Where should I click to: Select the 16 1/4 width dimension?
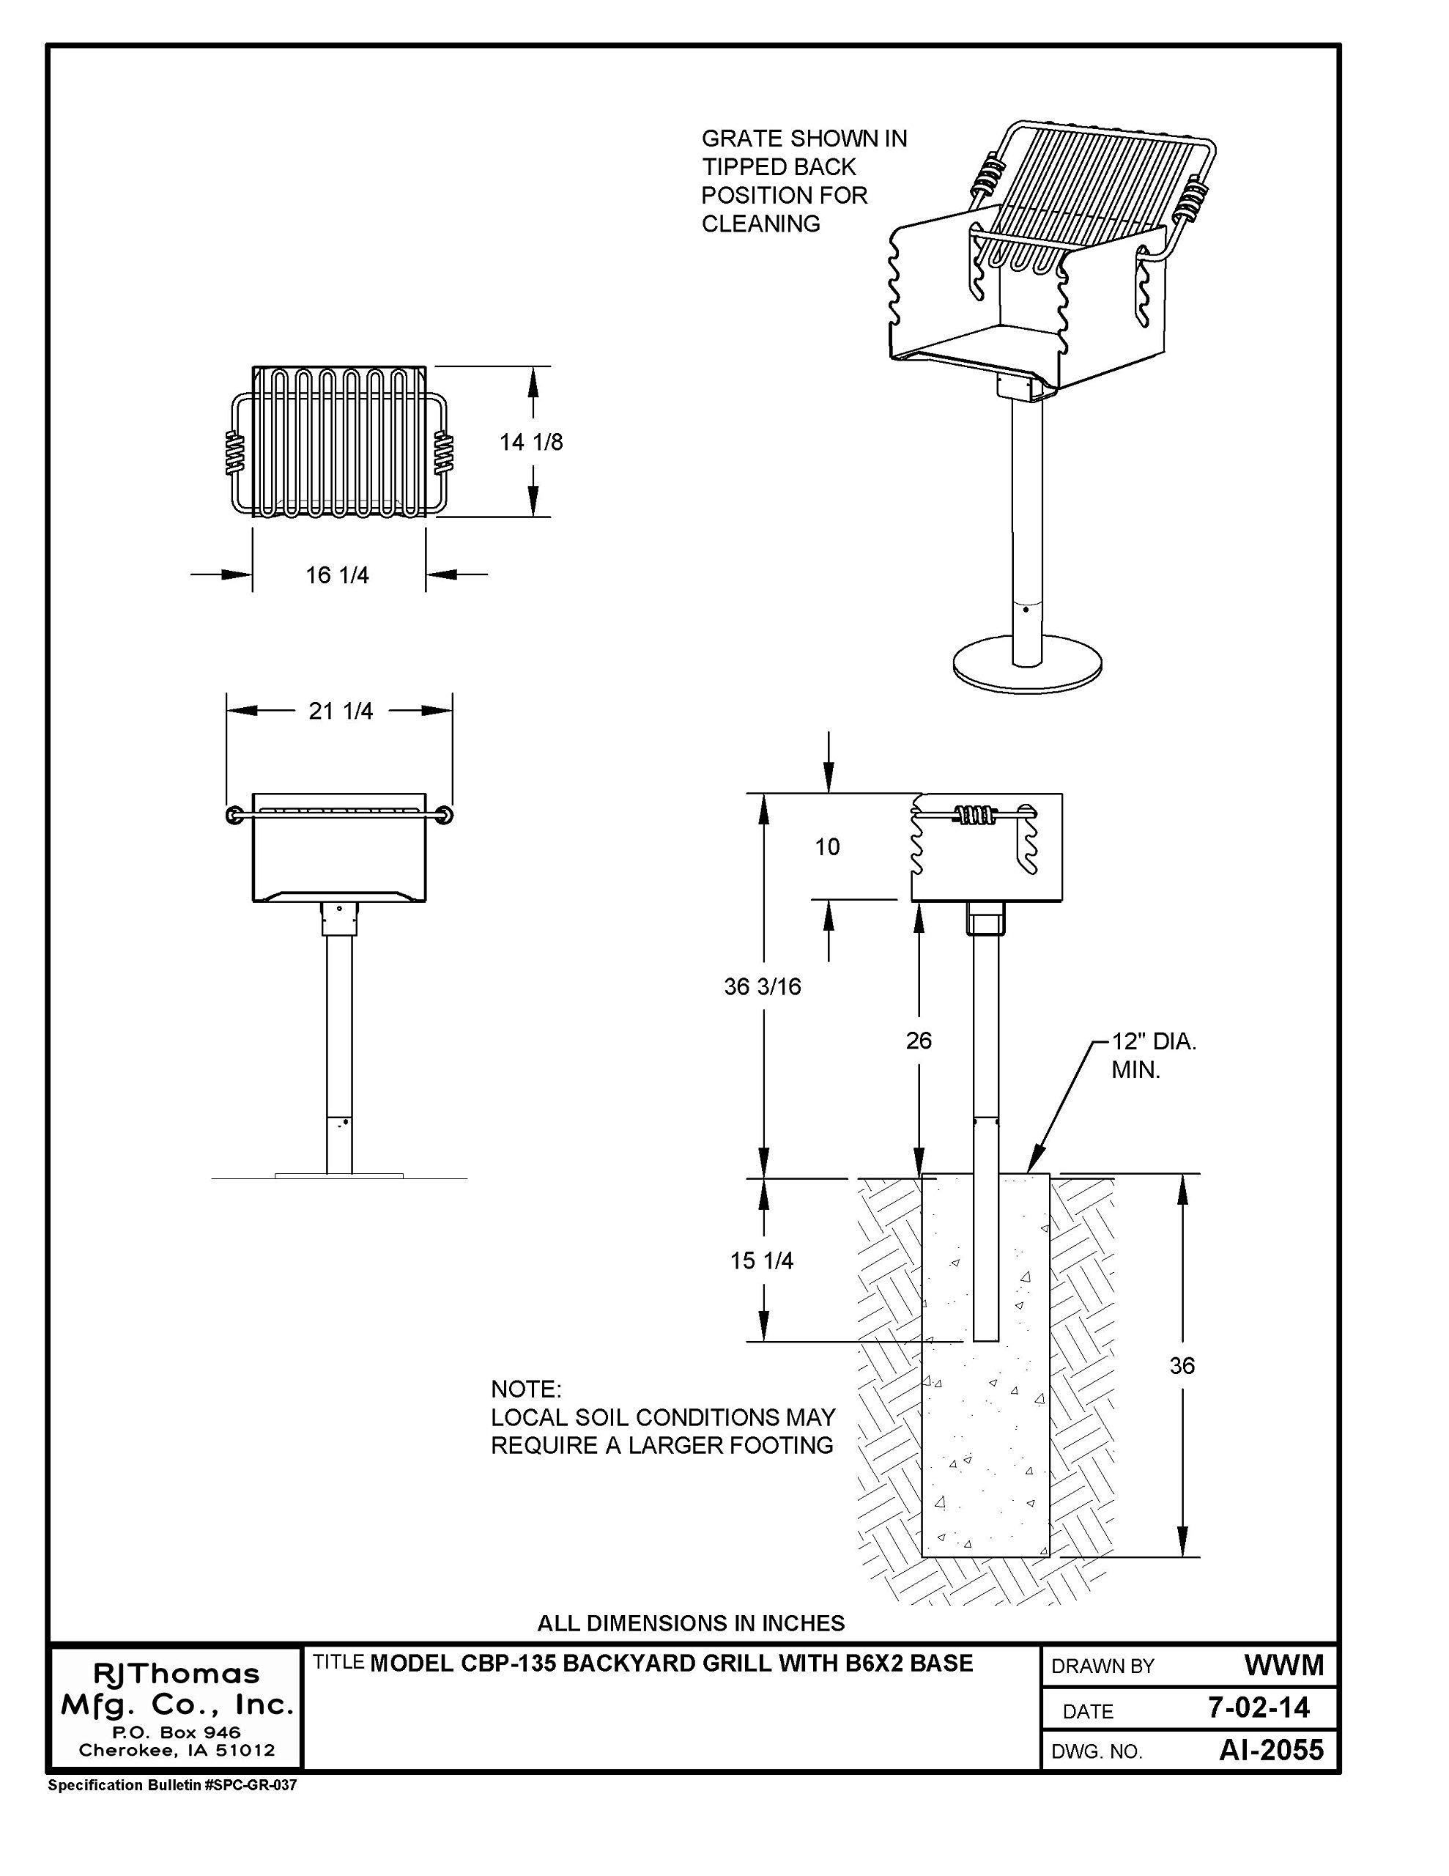click(x=338, y=575)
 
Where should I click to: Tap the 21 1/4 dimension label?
click(x=341, y=712)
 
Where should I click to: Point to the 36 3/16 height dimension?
click(x=762, y=987)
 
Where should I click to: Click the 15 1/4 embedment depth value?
click(x=762, y=1261)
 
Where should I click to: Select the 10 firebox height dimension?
click(x=827, y=847)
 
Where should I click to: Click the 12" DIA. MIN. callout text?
click(x=1154, y=1057)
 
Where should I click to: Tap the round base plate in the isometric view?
click(x=1027, y=665)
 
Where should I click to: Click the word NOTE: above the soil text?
click(x=526, y=1389)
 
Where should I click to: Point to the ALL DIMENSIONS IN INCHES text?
click(x=691, y=1622)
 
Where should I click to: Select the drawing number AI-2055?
click(x=1271, y=1750)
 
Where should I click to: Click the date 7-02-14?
click(x=1259, y=1707)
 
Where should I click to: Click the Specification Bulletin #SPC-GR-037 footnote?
click(x=171, y=1785)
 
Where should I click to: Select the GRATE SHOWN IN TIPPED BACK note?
click(x=804, y=180)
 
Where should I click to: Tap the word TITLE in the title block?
click(x=338, y=1662)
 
